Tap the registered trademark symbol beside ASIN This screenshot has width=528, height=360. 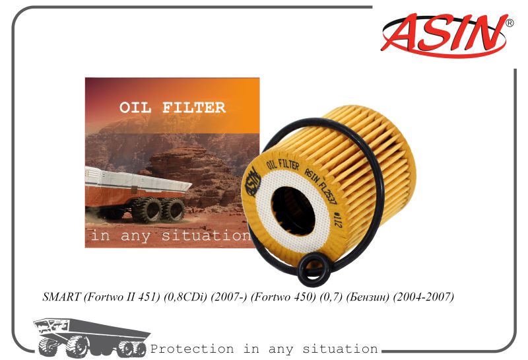tap(510, 23)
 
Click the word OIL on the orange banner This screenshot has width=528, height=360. tap(135, 108)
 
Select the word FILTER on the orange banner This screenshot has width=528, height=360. tap(194, 108)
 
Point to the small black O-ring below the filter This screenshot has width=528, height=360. tap(313, 271)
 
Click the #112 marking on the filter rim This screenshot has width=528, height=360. tap(337, 219)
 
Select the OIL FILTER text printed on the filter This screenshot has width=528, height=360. tap(283, 165)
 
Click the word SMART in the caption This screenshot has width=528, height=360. tap(61, 297)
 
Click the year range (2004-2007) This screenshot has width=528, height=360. tap(423, 297)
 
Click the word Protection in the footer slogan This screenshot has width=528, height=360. tap(192, 349)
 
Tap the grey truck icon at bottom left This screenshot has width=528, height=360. tap(92, 338)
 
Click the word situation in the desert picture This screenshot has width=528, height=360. tap(206, 235)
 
